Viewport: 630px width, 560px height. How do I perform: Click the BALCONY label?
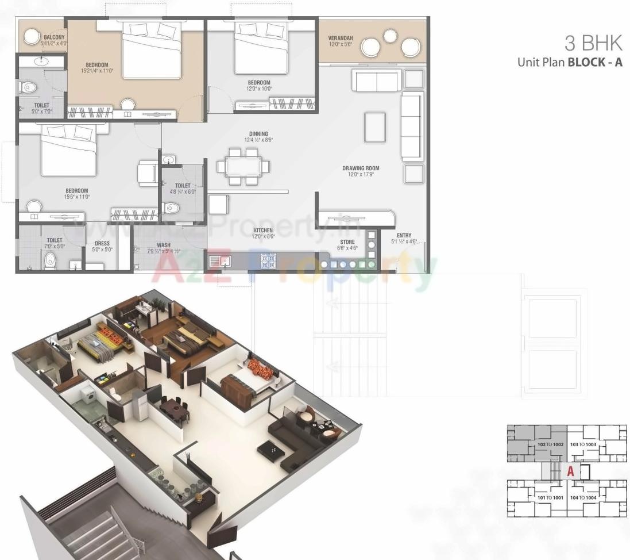coord(55,37)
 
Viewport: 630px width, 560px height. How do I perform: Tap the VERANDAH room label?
coord(341,38)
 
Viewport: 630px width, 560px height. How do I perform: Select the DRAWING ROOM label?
coord(361,168)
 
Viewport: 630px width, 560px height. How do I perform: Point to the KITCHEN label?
coord(264,231)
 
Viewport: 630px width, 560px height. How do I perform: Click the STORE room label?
coord(347,242)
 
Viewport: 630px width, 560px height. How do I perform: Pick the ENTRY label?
coord(404,235)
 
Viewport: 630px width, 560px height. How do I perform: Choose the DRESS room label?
coord(102,243)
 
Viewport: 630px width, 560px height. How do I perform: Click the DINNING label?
coord(258,134)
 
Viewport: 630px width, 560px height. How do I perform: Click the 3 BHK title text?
coord(594,43)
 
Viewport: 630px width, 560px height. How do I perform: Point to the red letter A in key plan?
coord(570,471)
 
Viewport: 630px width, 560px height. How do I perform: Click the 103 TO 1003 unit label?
coord(583,445)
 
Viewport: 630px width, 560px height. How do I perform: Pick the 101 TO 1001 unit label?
coord(550,497)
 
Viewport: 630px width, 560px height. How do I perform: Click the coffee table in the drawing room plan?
coord(376,126)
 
